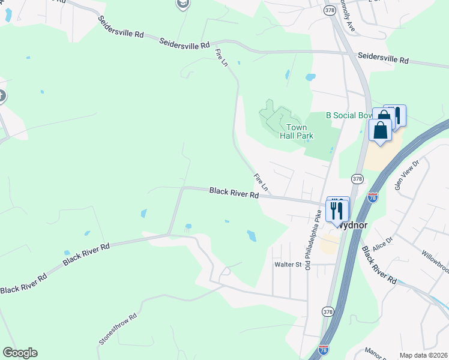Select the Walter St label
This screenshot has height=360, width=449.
[x=287, y=264]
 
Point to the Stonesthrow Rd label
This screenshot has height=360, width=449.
[x=118, y=328]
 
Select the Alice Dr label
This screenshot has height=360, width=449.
[x=382, y=240]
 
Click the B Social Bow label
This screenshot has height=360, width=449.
[x=348, y=115]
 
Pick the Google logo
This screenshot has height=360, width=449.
[x=20, y=353]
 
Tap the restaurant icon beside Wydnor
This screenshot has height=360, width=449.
[x=337, y=211]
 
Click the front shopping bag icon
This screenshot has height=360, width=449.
[x=381, y=130]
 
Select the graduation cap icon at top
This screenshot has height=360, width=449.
[x=182, y=4]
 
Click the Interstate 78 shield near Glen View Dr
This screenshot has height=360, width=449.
[x=373, y=197]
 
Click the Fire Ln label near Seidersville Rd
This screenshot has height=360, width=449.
[x=222, y=58]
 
